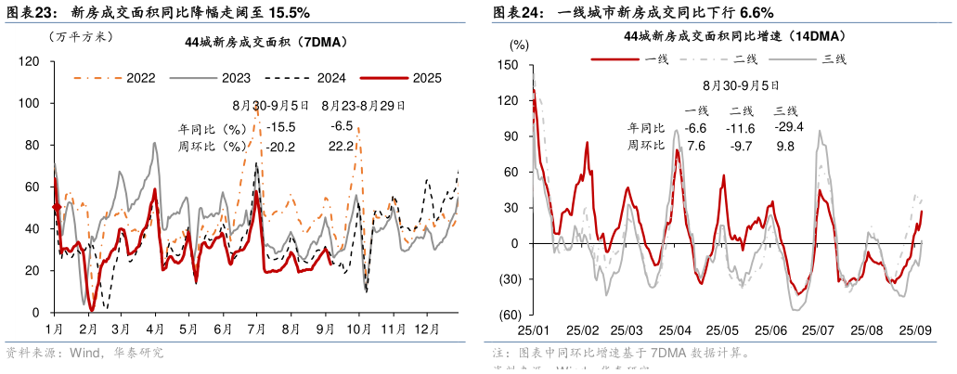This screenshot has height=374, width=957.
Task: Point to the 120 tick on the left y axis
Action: click(29, 61)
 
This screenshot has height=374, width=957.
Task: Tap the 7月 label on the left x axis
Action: click(255, 329)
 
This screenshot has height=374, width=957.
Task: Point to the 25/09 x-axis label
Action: click(915, 330)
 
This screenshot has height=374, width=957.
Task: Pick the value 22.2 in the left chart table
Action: click(341, 146)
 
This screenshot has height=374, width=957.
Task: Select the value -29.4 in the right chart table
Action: click(788, 127)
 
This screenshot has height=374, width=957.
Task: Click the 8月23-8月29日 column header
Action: click(363, 106)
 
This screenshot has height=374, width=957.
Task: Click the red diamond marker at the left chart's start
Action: click(56, 207)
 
